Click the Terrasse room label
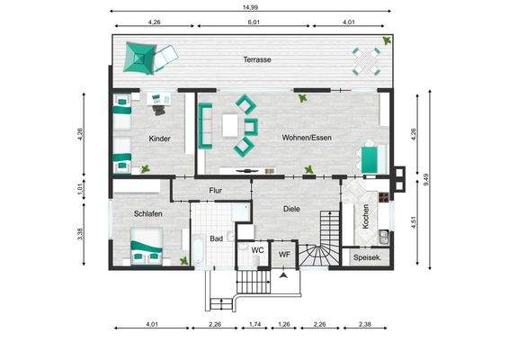coord(257,59)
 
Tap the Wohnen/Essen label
coord(307,138)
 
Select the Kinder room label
coord(159,139)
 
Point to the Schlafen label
coord(148,214)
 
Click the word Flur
coord(216,191)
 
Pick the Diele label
coord(291,209)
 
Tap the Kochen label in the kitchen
coord(365,216)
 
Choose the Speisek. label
coord(367,257)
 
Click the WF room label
coord(284,255)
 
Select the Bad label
coord(216,238)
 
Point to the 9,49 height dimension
coord(426,180)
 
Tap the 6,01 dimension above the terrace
coord(254,22)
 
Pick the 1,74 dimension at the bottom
coord(254,324)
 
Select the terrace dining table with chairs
coord(367,61)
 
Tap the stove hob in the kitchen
coord(384,197)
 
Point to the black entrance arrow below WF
coord(284,275)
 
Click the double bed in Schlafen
coord(147,247)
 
